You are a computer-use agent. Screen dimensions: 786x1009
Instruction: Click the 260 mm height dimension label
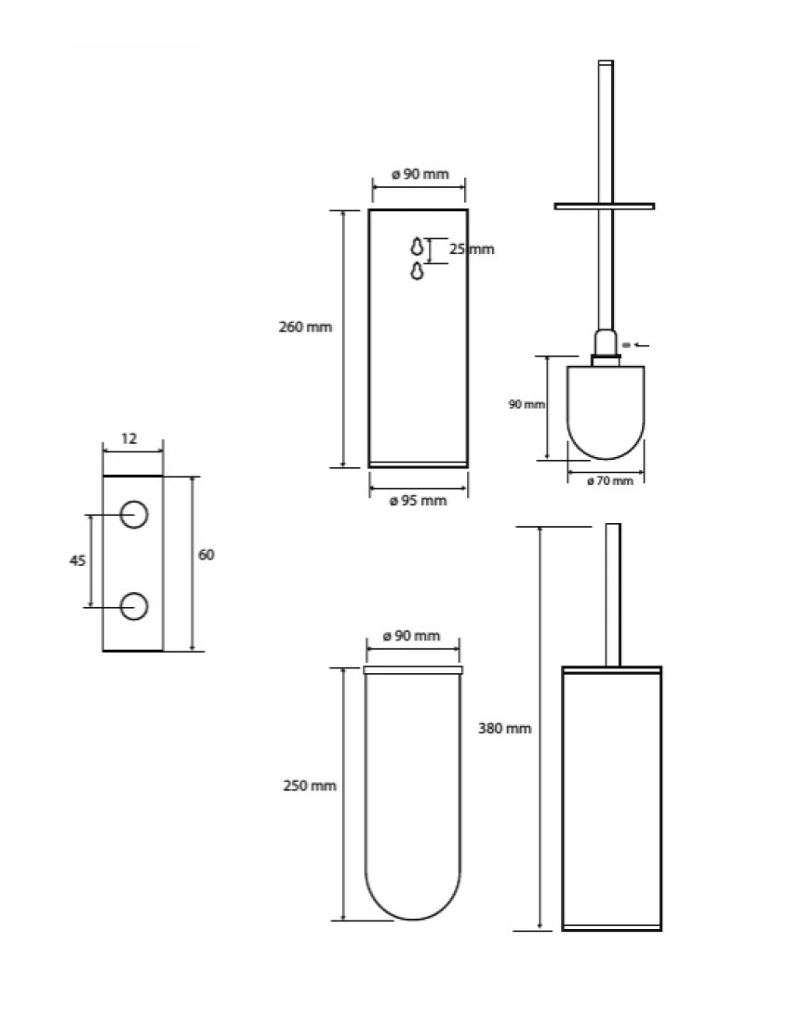pos(305,327)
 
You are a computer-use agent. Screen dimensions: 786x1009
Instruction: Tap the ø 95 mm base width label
pos(418,501)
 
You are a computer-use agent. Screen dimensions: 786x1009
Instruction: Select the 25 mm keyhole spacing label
pos(472,249)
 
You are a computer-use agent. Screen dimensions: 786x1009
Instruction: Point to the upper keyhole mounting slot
pos(418,246)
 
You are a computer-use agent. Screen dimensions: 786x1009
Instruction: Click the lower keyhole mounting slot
pos(418,270)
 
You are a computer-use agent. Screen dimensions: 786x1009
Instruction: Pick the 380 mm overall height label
pos(505,729)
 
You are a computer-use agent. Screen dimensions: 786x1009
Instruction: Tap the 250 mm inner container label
pos(310,786)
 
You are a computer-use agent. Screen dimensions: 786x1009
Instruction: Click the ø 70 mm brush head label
pos(610,480)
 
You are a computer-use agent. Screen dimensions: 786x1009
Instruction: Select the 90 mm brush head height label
pos(526,404)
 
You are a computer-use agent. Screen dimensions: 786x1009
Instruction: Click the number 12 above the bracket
pos(129,438)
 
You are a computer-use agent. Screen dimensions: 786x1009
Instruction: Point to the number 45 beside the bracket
pos(77,561)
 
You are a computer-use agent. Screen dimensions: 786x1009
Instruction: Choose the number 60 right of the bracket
pos(206,555)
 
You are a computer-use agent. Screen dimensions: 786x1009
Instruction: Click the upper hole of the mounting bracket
pos(135,514)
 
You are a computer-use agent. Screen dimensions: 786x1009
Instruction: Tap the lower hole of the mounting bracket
pos(135,606)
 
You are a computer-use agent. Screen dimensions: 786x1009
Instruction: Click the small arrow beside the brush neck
pos(641,345)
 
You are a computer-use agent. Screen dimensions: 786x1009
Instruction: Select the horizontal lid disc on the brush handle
pos(605,207)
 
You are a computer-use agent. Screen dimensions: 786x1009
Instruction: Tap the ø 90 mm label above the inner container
pos(412,636)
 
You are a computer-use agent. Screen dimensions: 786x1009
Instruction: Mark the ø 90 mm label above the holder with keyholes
pos(420,174)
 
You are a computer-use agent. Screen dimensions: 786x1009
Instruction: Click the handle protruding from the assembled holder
pos(613,595)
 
